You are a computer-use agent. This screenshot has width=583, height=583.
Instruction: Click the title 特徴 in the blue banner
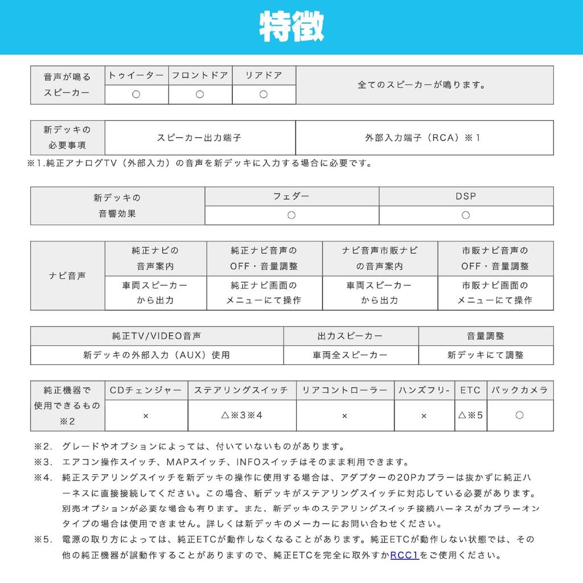click(291, 27)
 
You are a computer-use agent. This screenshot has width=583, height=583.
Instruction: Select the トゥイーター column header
click(136, 75)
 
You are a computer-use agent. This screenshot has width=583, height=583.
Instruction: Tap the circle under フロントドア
click(200, 95)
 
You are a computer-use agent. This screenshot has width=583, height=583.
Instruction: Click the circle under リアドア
click(263, 95)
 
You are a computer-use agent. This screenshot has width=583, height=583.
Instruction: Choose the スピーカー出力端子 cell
click(200, 138)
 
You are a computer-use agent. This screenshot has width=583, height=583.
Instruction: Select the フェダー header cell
click(291, 196)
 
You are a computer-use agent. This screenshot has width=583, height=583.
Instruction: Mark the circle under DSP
click(466, 215)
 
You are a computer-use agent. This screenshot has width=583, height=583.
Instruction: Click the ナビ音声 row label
click(67, 276)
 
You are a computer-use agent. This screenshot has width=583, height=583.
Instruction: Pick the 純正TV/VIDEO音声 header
click(157, 336)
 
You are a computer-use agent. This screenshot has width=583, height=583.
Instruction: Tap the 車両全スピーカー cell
click(351, 355)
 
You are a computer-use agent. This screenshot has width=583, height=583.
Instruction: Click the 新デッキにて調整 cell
click(486, 355)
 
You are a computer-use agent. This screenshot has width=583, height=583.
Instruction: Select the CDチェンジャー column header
click(146, 390)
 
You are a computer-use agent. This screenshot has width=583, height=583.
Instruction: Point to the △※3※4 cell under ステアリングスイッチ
click(241, 415)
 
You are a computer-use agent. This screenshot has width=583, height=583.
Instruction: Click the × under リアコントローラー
click(344, 416)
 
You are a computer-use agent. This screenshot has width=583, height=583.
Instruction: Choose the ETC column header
click(470, 390)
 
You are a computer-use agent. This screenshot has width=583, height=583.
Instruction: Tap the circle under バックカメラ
click(519, 415)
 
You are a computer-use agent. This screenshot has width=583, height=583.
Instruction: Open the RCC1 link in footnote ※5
click(405, 555)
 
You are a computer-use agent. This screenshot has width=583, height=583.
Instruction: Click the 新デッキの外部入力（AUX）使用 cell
click(157, 355)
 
